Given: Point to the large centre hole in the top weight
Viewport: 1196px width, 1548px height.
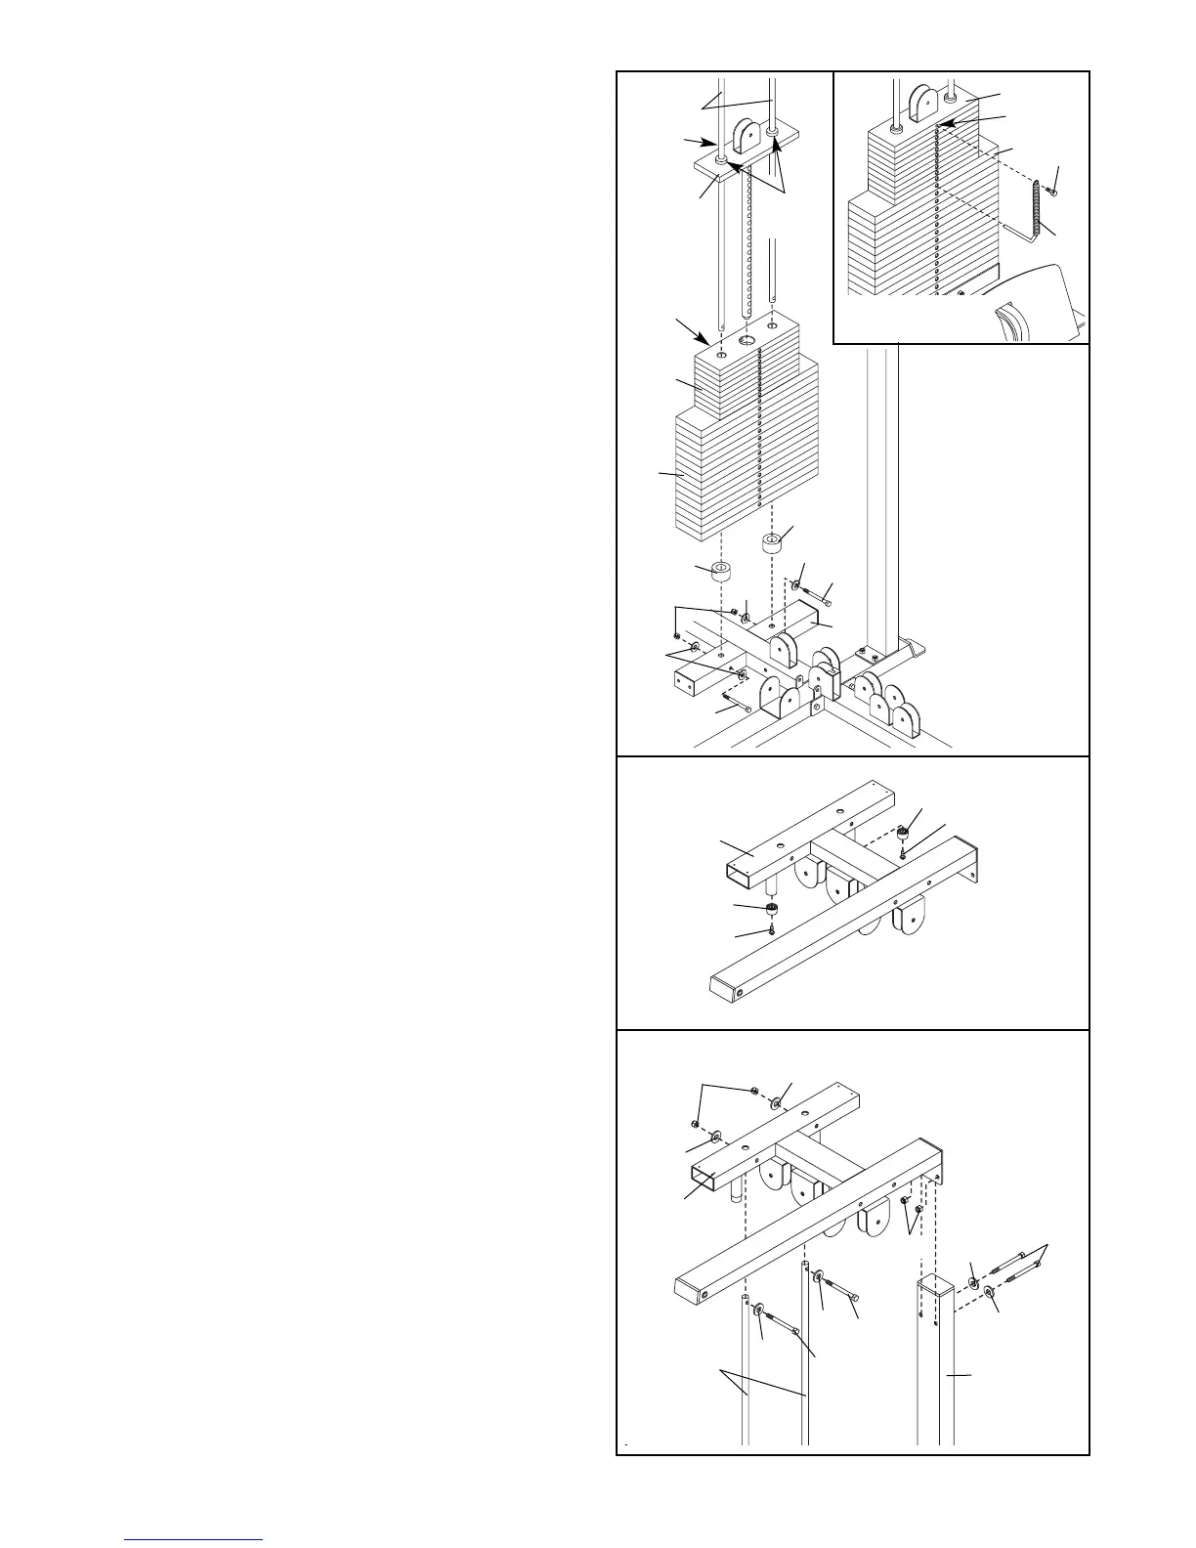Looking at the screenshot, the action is tap(748, 339).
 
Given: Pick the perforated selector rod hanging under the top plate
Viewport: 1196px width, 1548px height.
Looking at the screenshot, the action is tap(749, 244).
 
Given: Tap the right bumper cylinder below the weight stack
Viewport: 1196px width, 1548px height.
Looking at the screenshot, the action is tap(773, 540).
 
